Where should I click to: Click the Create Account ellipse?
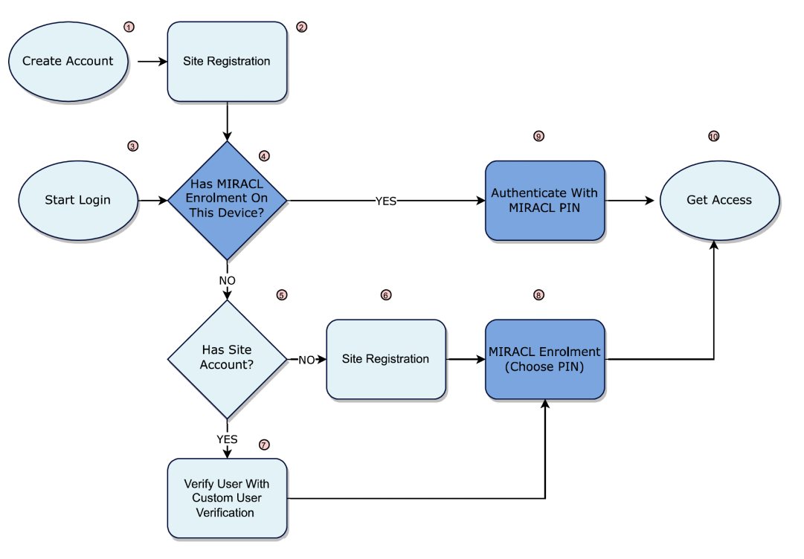pyautogui.click(x=68, y=62)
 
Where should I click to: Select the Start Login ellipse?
pyautogui.click(x=78, y=200)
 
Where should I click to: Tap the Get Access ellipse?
pyautogui.click(x=718, y=200)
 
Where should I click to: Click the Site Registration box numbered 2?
pyautogui.click(x=227, y=62)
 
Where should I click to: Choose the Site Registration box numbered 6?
pyautogui.click(x=385, y=359)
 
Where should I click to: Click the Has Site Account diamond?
pyautogui.click(x=227, y=358)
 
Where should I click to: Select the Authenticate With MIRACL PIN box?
pyautogui.click(x=544, y=201)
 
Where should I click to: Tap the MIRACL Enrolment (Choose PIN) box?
pyautogui.click(x=544, y=359)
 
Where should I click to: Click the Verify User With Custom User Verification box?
pyautogui.click(x=227, y=498)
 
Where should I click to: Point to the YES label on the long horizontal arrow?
pyautogui.click(x=385, y=201)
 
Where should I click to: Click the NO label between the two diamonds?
pyautogui.click(x=227, y=280)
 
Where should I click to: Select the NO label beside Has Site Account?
pyautogui.click(x=306, y=360)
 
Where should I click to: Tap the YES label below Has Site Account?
pyautogui.click(x=227, y=439)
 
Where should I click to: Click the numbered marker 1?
pyautogui.click(x=129, y=27)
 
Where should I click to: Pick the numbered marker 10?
pyautogui.click(x=714, y=136)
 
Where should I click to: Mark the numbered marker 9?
pyautogui.click(x=539, y=136)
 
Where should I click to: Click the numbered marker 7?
pyautogui.click(x=264, y=445)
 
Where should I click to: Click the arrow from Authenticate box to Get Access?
pyautogui.click(x=629, y=201)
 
